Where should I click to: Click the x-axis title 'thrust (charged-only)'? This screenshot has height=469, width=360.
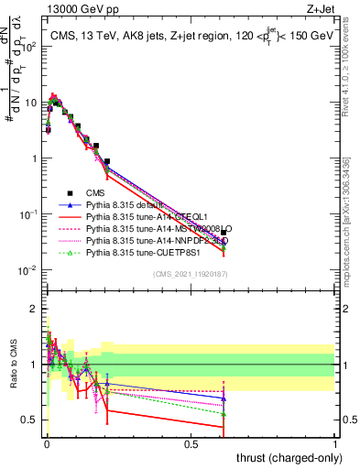[283, 455]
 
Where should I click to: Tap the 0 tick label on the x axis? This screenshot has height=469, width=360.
[47, 442]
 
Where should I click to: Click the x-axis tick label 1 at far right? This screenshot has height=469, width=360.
[335, 442]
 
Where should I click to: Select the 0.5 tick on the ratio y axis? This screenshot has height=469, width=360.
[29, 420]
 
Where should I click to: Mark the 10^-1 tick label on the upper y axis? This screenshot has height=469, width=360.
[27, 214]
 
